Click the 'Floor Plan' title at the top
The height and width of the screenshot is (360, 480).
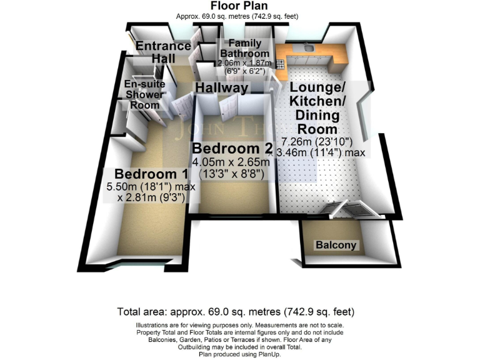239,6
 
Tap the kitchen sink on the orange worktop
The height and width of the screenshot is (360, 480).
307,47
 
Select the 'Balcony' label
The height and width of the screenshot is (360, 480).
336,245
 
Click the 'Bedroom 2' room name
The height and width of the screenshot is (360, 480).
226,149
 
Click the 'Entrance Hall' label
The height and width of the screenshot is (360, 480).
163,52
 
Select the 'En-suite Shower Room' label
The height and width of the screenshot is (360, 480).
144,94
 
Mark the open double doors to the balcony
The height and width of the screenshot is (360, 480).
347,211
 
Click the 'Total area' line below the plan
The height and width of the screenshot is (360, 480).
236,311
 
